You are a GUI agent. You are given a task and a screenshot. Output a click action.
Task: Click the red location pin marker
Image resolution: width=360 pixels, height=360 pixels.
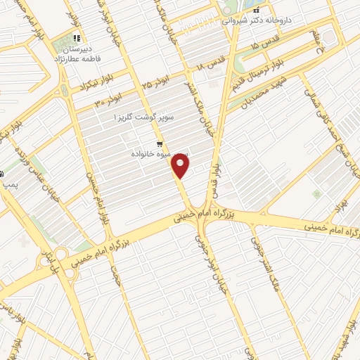(x=181, y=167)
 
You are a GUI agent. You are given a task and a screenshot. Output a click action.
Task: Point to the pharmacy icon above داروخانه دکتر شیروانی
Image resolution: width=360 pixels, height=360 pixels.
(x=256, y=10)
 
